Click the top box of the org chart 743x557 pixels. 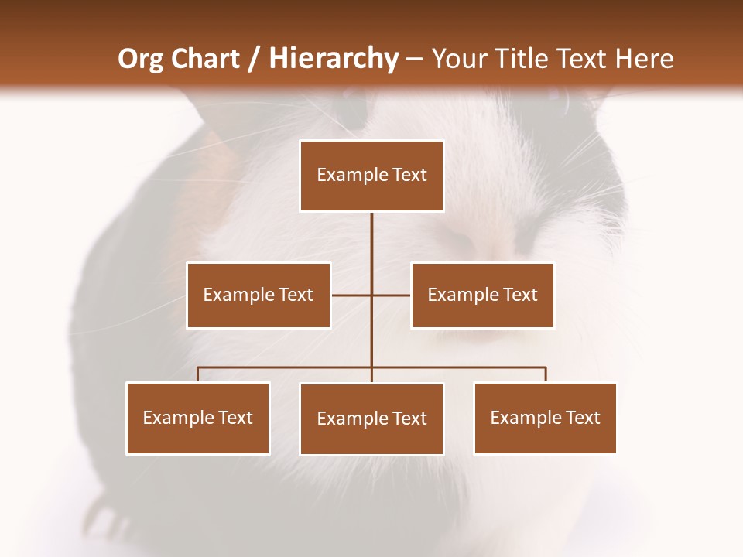(371, 176)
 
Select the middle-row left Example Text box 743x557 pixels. (259, 295)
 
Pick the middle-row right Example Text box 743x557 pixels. (482, 295)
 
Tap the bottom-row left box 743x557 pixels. (198, 418)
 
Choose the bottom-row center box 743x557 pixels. (371, 419)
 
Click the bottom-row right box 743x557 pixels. (545, 418)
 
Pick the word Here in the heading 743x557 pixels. (644, 59)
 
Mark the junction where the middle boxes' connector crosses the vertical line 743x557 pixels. (371, 295)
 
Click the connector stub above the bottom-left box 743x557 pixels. (198, 374)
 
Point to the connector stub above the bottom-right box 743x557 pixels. (545, 374)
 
